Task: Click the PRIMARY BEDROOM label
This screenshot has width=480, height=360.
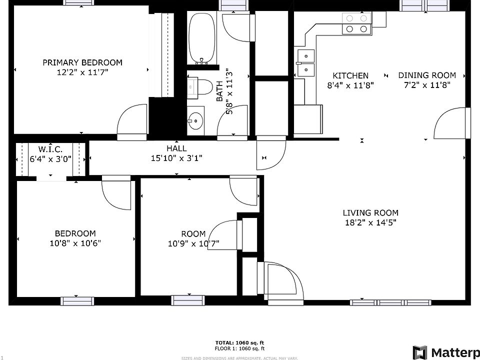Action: coord(82,62)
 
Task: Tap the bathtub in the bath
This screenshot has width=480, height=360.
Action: coord(201,37)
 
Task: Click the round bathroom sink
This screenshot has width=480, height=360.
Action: coord(196,120)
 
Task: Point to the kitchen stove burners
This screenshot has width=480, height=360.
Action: coord(356,23)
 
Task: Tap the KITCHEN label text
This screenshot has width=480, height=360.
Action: coord(350,75)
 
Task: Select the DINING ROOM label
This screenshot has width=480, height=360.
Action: coord(427,75)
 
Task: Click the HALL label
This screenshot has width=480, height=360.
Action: coord(176,148)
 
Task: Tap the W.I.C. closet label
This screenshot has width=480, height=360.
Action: coord(50,149)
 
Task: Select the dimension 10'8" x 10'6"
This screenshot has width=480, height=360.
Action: coord(75,243)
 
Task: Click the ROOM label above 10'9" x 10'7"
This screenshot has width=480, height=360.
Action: coord(193,233)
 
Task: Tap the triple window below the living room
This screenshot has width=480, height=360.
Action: coord(390,302)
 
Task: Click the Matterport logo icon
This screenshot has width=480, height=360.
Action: coord(420,352)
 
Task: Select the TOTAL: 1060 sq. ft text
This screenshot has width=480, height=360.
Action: coord(239,342)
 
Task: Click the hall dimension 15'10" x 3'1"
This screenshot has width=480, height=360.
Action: coord(176,158)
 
